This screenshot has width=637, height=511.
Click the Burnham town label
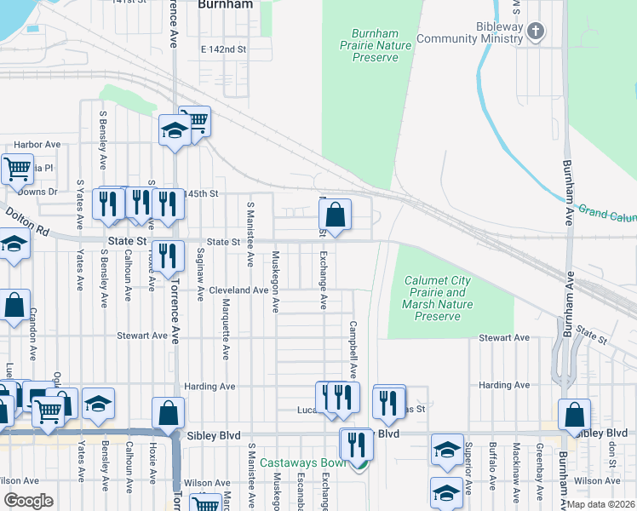tap(225, 4)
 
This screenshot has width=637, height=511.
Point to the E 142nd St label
tap(223, 50)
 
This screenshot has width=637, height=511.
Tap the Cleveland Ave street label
tap(239, 290)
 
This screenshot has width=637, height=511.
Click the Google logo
tap(28, 501)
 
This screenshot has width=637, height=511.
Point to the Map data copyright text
tap(601, 504)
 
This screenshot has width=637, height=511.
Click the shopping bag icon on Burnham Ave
tap(575, 414)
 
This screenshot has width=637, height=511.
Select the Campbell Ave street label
tap(352, 349)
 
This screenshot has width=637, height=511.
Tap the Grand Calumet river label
tap(606, 212)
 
